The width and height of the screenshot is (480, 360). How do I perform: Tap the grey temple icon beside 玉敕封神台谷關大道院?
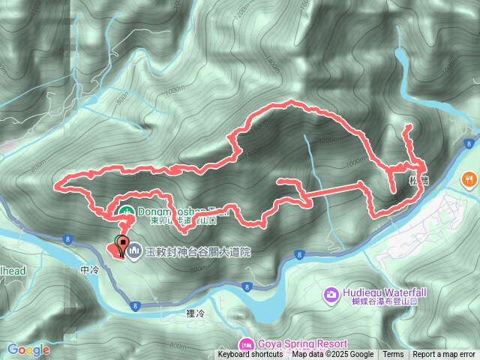tap(135, 250)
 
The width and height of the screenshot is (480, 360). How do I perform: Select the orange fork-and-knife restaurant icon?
tap(468, 179)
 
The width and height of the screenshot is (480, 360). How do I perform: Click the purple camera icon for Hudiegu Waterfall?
tap(331, 293)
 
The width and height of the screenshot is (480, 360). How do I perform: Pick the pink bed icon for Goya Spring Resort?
tap(246, 344)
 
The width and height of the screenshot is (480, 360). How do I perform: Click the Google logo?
tap(28, 349)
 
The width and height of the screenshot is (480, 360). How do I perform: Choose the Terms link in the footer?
tap(393, 355)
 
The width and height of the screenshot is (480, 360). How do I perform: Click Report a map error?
tap(444, 355)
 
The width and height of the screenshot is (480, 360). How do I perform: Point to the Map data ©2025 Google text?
tap(333, 355)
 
